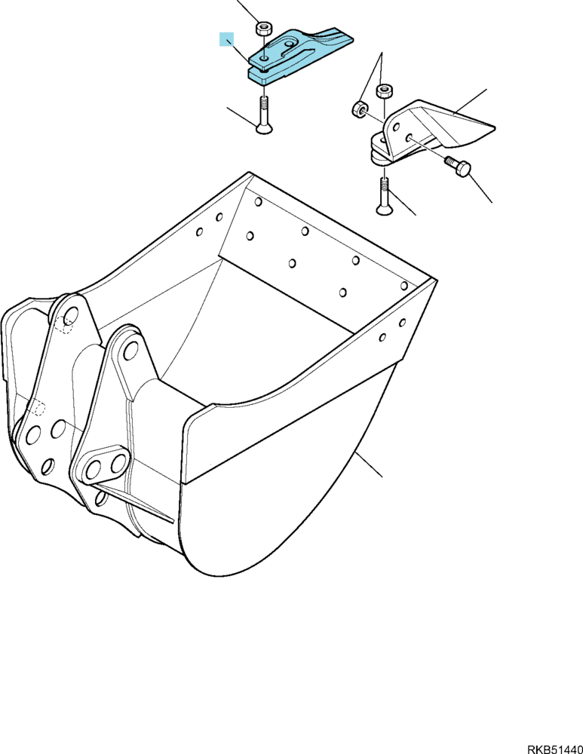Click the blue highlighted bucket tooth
[298, 55]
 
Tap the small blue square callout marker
[226, 39]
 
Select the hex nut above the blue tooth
[262, 27]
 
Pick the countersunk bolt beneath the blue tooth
[264, 115]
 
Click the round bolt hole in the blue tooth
[264, 59]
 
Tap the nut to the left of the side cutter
[359, 109]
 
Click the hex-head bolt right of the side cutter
[456, 166]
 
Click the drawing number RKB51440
[555, 749]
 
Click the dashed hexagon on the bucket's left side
[38, 408]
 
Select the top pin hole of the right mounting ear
[130, 351]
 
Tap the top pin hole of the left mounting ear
[71, 316]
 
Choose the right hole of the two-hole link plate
[118, 464]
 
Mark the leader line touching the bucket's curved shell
[369, 464]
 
